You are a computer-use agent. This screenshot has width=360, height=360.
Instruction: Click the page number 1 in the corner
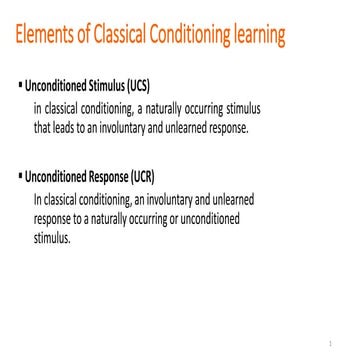pos(342,339)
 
